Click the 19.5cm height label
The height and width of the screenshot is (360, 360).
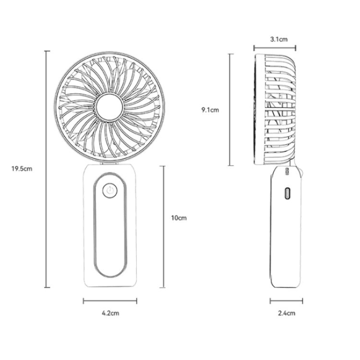[22, 169]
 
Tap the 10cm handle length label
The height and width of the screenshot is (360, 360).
[179, 218]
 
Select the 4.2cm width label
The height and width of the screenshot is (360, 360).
[110, 313]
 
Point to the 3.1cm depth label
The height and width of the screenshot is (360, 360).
[279, 39]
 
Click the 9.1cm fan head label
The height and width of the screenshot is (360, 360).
[210, 110]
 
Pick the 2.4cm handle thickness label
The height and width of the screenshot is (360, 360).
[287, 313]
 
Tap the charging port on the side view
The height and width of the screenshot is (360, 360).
[287, 193]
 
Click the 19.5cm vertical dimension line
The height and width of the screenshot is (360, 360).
[47, 169]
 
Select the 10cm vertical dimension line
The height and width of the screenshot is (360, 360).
[162, 227]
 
